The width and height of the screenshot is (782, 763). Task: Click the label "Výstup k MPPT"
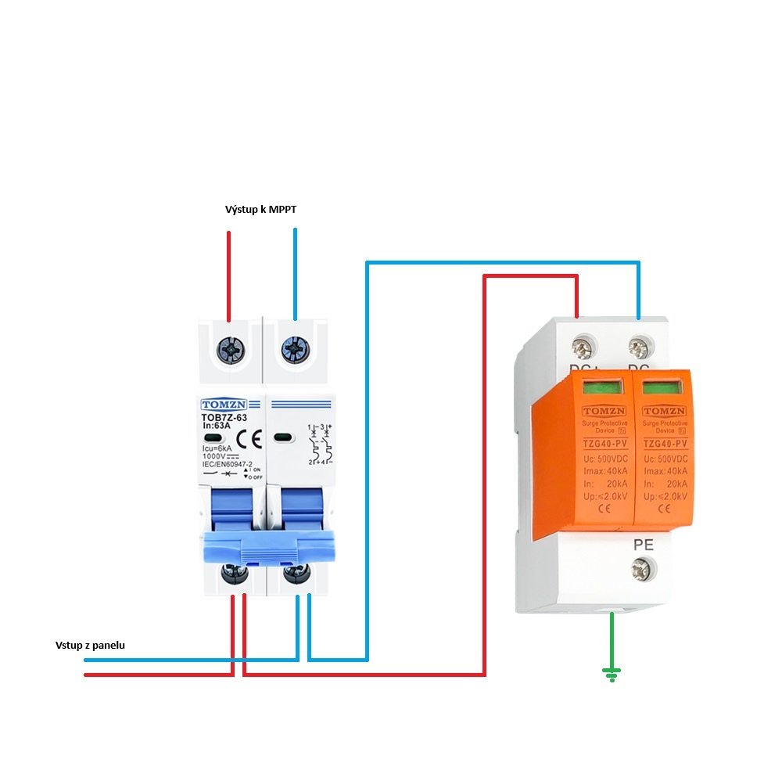click(260, 210)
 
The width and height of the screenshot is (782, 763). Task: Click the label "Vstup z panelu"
click(90, 646)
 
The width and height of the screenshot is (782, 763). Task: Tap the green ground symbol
click(612, 673)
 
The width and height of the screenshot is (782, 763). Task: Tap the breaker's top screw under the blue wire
click(295, 347)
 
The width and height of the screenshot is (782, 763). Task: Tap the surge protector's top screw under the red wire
click(580, 344)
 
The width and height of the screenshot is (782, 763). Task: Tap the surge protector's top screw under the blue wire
click(639, 344)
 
